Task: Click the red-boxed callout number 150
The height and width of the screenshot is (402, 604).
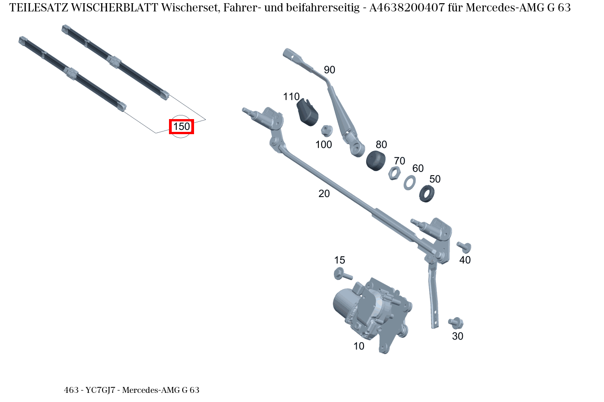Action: pyautogui.click(x=181, y=126)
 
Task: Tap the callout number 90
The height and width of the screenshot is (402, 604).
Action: pyautogui.click(x=329, y=70)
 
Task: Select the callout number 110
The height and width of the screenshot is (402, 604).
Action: pyautogui.click(x=291, y=97)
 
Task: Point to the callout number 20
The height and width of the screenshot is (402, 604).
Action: pyautogui.click(x=324, y=193)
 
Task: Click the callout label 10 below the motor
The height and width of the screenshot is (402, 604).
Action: pyautogui.click(x=359, y=346)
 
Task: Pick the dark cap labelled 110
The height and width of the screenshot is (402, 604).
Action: pyautogui.click(x=307, y=112)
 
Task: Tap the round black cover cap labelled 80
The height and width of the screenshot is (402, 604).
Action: pyautogui.click(x=376, y=161)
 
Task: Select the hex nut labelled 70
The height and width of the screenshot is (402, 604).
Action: pyautogui.click(x=394, y=173)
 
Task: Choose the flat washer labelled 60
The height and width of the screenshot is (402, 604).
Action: pyautogui.click(x=409, y=182)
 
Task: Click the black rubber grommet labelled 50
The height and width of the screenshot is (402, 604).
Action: pyautogui.click(x=426, y=193)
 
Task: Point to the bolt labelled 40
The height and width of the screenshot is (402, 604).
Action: pyautogui.click(x=464, y=247)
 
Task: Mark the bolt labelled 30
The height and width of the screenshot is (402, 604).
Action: pyautogui.click(x=456, y=323)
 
